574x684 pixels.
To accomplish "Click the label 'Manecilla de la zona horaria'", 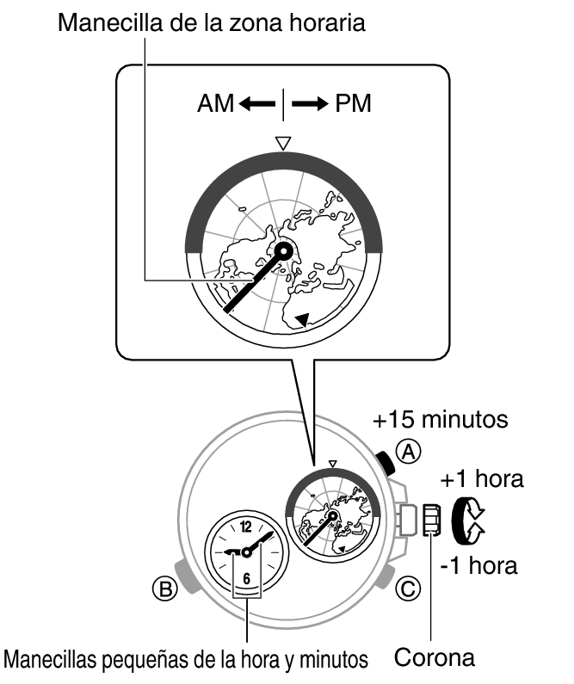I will coord(211,22).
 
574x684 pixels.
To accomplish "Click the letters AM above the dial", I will coord(215,104).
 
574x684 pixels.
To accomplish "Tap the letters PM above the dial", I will coord(354,104).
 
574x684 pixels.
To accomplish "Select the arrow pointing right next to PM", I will coord(310,104).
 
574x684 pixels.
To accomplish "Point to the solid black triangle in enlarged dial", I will coord(301,319).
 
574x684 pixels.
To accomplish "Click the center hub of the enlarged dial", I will coord(284,250).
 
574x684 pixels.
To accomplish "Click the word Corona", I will coord(434,658).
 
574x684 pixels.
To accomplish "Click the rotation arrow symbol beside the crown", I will coord(472,521).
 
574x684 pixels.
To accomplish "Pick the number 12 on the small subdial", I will coord(247,527).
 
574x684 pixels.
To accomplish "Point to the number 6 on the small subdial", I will coord(246,579).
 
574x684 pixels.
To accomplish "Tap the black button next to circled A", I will coord(387,465).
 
